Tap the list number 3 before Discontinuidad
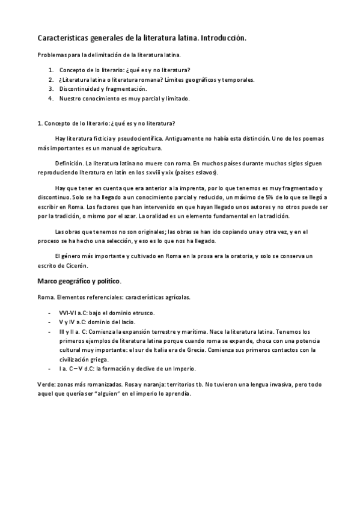tap(52, 88)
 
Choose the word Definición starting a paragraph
tap(69, 164)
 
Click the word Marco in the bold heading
tap(48, 281)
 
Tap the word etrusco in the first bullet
tap(141, 313)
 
